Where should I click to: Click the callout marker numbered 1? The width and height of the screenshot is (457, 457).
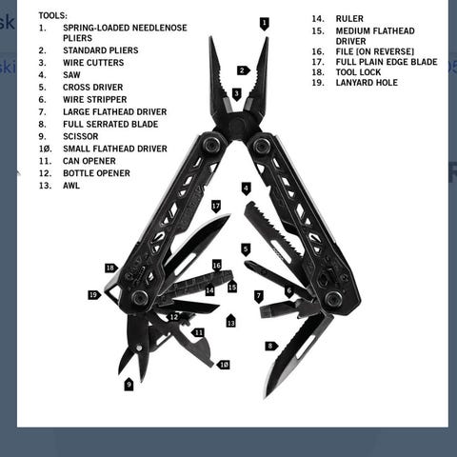pyautogui.click(x=264, y=24)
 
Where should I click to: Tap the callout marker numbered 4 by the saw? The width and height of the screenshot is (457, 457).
pyautogui.click(x=246, y=189)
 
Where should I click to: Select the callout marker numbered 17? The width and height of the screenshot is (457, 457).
pyautogui.click(x=216, y=207)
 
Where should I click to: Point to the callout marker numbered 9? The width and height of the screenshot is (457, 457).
pyautogui.click(x=129, y=385)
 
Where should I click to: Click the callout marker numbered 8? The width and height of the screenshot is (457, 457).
pyautogui.click(x=271, y=346)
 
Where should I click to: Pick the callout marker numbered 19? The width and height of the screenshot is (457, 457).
pyautogui.click(x=94, y=295)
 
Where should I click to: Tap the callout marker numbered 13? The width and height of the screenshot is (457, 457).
pyautogui.click(x=230, y=321)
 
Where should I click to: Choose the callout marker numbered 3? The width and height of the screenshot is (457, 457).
pyautogui.click(x=236, y=94)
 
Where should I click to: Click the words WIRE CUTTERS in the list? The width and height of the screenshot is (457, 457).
pyautogui.click(x=93, y=63)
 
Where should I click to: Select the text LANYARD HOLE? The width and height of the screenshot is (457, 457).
pyautogui.click(x=367, y=83)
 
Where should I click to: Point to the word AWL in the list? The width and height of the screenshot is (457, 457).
pyautogui.click(x=71, y=186)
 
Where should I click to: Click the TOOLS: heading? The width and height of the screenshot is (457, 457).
pyautogui.click(x=53, y=15)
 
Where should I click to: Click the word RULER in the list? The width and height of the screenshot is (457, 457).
pyautogui.click(x=349, y=19)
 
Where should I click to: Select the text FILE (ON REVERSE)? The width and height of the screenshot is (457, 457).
pyautogui.click(x=375, y=51)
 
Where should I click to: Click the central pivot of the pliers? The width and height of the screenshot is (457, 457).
pyautogui.click(x=237, y=124)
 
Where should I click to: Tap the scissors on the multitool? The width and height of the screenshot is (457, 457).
pyautogui.click(x=135, y=346)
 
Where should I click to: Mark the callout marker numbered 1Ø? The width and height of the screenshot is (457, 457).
pyautogui.click(x=224, y=365)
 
